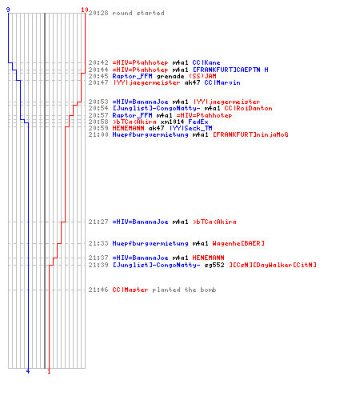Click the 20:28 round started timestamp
coord(98,13)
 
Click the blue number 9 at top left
coord(8,10)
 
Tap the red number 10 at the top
coord(85,10)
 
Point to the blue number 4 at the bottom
coord(28,371)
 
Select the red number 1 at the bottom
coord(49,371)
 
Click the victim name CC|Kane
coord(206,62)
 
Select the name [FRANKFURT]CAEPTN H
coord(230,70)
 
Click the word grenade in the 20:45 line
coord(170,76)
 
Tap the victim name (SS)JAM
coord(202,76)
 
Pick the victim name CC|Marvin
coord(222,82)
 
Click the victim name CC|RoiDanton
coord(248,108)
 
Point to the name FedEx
coord(198,122)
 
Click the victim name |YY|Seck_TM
coord(191,128)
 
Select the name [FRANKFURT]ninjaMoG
coord(250,134)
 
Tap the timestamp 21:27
coord(98,222)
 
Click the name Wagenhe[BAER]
coord(238,243)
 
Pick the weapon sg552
coord(214,265)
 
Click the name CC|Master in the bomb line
coord(130,290)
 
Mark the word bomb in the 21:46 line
coord(208,290)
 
